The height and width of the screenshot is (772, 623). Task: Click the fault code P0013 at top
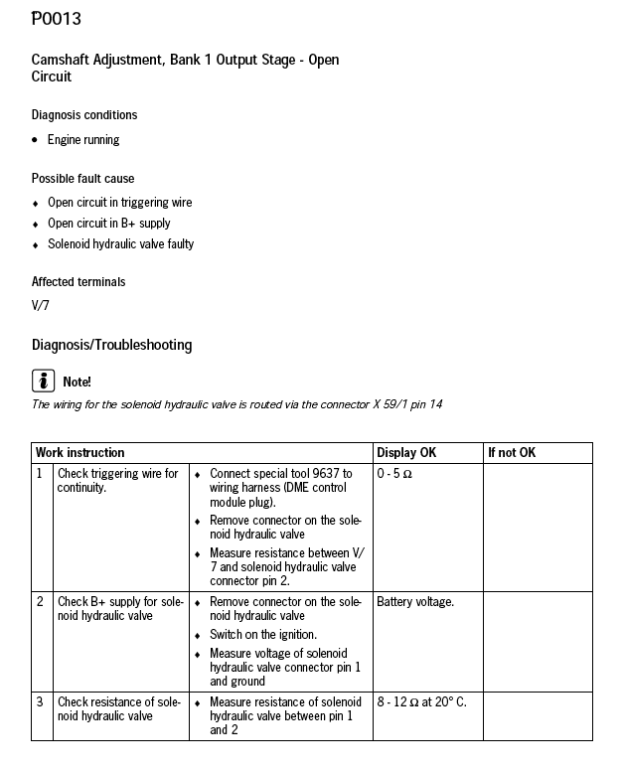pyautogui.click(x=57, y=19)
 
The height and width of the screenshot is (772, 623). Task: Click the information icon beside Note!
pyautogui.click(x=43, y=381)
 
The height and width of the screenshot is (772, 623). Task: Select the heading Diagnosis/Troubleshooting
pyautogui.click(x=111, y=346)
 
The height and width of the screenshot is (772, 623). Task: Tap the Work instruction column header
pyautogui.click(x=80, y=453)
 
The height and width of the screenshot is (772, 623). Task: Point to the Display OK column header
pyautogui.click(x=406, y=453)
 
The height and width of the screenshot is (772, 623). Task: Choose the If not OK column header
pyautogui.click(x=512, y=453)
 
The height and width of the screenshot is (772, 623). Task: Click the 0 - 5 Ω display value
pyautogui.click(x=394, y=474)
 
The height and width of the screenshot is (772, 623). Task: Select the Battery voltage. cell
pyautogui.click(x=415, y=602)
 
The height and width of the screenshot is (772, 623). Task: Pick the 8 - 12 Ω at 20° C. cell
pyautogui.click(x=421, y=702)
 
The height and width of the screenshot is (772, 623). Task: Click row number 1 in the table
pyautogui.click(x=40, y=474)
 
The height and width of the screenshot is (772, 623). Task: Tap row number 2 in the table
pyautogui.click(x=40, y=602)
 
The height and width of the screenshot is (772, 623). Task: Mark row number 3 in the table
pyautogui.click(x=40, y=702)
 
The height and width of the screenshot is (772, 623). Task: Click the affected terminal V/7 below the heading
pyautogui.click(x=41, y=305)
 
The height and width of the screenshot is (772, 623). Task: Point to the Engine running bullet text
pyautogui.click(x=83, y=140)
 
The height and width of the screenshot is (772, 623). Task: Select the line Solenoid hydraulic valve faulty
pyautogui.click(x=120, y=244)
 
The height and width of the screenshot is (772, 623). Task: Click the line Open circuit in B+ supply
pyautogui.click(x=109, y=224)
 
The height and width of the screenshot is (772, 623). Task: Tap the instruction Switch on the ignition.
pyautogui.click(x=263, y=635)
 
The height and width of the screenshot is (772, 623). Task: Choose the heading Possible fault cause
pyautogui.click(x=82, y=179)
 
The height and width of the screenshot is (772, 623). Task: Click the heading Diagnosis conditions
pyautogui.click(x=84, y=115)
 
